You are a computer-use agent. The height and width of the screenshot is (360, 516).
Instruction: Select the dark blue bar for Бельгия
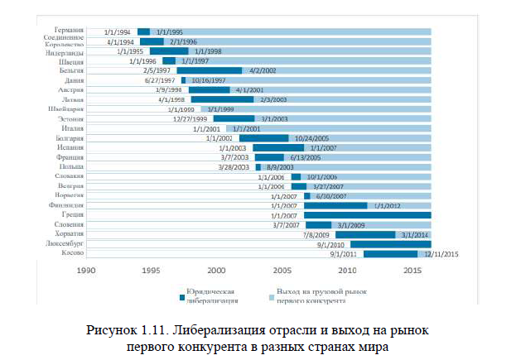[x=210, y=70]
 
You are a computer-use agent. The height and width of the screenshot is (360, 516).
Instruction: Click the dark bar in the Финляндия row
[x=335, y=204]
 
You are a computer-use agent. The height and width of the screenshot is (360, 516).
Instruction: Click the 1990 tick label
[x=84, y=269]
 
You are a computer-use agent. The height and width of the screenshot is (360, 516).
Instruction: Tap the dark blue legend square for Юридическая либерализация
[x=180, y=295]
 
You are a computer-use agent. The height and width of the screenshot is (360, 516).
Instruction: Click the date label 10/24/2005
[x=313, y=137]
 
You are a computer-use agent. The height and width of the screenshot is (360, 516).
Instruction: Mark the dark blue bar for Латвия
[x=222, y=98]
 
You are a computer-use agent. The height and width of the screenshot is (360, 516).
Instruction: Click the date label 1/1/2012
[x=388, y=204]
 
